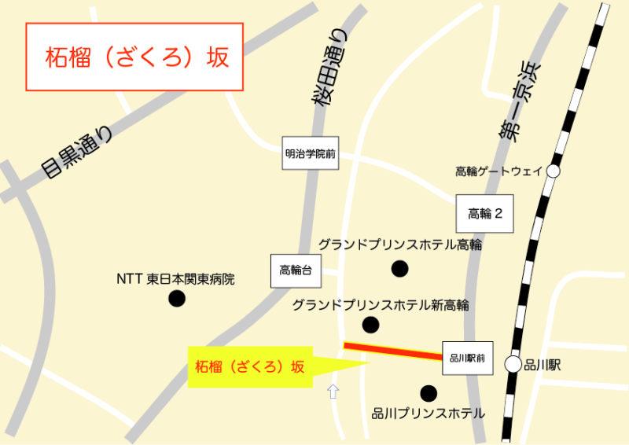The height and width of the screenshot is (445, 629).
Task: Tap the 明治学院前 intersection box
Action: click(x=310, y=154)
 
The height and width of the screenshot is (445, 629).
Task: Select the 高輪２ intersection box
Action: click(x=484, y=213)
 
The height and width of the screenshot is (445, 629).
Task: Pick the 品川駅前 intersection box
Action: click(x=467, y=359)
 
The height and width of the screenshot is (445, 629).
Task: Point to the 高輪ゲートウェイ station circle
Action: click(x=554, y=171)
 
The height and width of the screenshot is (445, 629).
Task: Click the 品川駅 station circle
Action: click(x=513, y=364)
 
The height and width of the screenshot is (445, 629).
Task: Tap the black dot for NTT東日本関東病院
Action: click(x=177, y=298)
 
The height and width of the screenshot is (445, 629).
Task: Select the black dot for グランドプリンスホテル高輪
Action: click(x=400, y=269)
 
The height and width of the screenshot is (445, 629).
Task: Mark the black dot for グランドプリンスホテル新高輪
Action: click(x=370, y=325)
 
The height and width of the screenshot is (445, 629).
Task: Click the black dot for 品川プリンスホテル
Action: click(x=428, y=392)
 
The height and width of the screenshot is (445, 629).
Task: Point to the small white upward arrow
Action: click(x=333, y=390)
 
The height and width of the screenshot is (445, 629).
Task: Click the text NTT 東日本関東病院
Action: click(x=175, y=279)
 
